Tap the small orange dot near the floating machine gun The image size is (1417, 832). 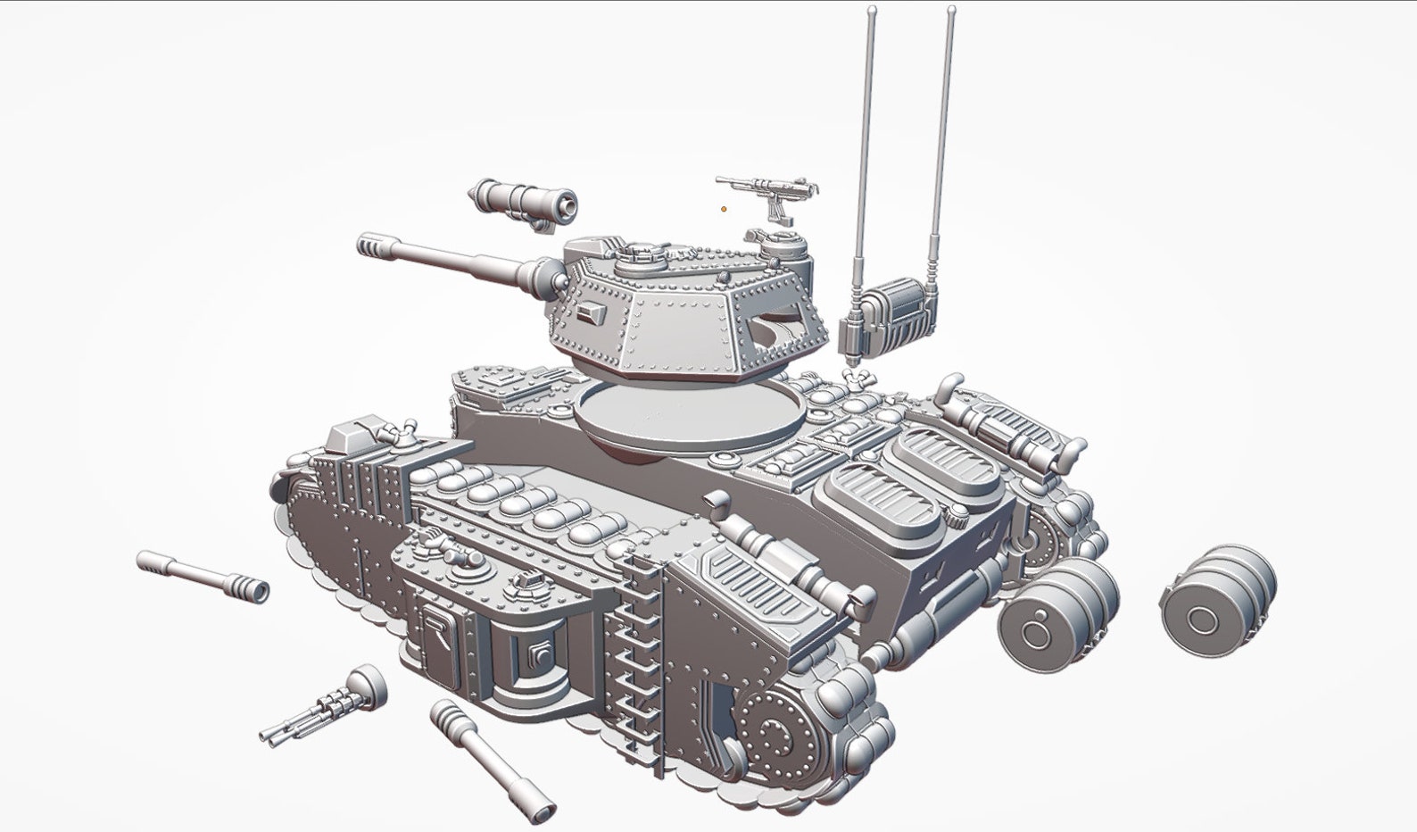(x=724, y=210)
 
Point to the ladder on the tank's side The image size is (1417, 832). (x=636, y=660)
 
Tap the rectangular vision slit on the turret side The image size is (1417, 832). (x=588, y=312)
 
